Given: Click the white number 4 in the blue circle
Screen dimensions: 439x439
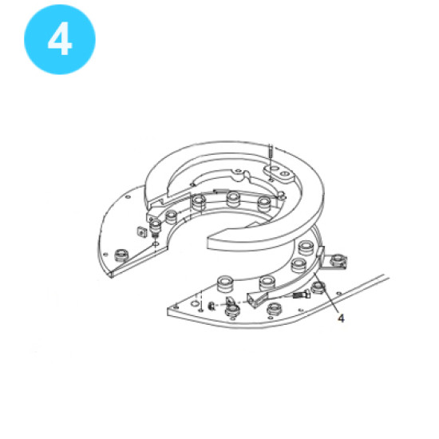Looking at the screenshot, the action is (60, 38).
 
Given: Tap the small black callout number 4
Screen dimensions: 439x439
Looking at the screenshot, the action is (341, 318).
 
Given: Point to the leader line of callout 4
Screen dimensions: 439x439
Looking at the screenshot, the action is (326, 293).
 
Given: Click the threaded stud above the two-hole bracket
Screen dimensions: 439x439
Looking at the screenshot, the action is (271, 155).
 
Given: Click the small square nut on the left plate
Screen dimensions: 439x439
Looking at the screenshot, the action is (142, 231).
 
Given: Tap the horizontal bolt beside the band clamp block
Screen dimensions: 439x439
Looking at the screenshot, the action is (301, 295).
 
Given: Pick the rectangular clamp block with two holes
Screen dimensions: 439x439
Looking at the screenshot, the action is (257, 299).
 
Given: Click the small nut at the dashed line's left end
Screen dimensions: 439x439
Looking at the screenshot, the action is (212, 307).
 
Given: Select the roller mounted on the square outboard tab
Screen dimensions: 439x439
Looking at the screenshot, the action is (338, 260).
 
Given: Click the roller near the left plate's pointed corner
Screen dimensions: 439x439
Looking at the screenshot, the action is (122, 255).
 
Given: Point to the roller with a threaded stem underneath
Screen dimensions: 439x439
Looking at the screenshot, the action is (155, 227).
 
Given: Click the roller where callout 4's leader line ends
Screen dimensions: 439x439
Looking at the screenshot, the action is (318, 287).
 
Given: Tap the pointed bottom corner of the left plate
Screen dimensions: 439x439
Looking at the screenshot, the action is (111, 276).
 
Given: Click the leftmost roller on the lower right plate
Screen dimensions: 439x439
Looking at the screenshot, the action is (224, 283).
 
